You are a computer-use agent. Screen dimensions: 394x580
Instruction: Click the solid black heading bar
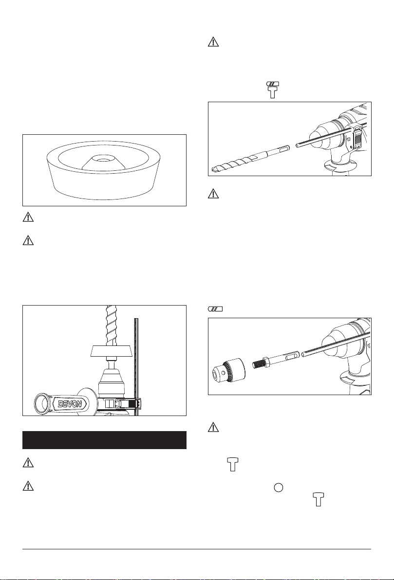104,440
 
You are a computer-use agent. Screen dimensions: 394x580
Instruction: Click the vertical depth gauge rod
136,366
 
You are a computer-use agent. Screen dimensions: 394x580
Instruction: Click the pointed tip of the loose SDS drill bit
213,170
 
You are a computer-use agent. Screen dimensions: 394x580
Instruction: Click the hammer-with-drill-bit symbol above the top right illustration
273,90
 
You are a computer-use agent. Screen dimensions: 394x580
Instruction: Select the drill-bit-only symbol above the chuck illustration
215,309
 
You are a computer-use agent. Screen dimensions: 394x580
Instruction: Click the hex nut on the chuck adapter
266,362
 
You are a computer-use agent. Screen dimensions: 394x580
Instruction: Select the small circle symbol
279,488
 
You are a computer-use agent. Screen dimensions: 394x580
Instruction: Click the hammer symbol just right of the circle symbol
319,499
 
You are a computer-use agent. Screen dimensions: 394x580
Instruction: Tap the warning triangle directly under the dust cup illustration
28,217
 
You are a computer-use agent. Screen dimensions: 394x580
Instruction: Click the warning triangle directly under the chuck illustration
213,427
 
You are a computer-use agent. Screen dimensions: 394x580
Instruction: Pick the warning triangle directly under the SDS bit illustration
213,194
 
